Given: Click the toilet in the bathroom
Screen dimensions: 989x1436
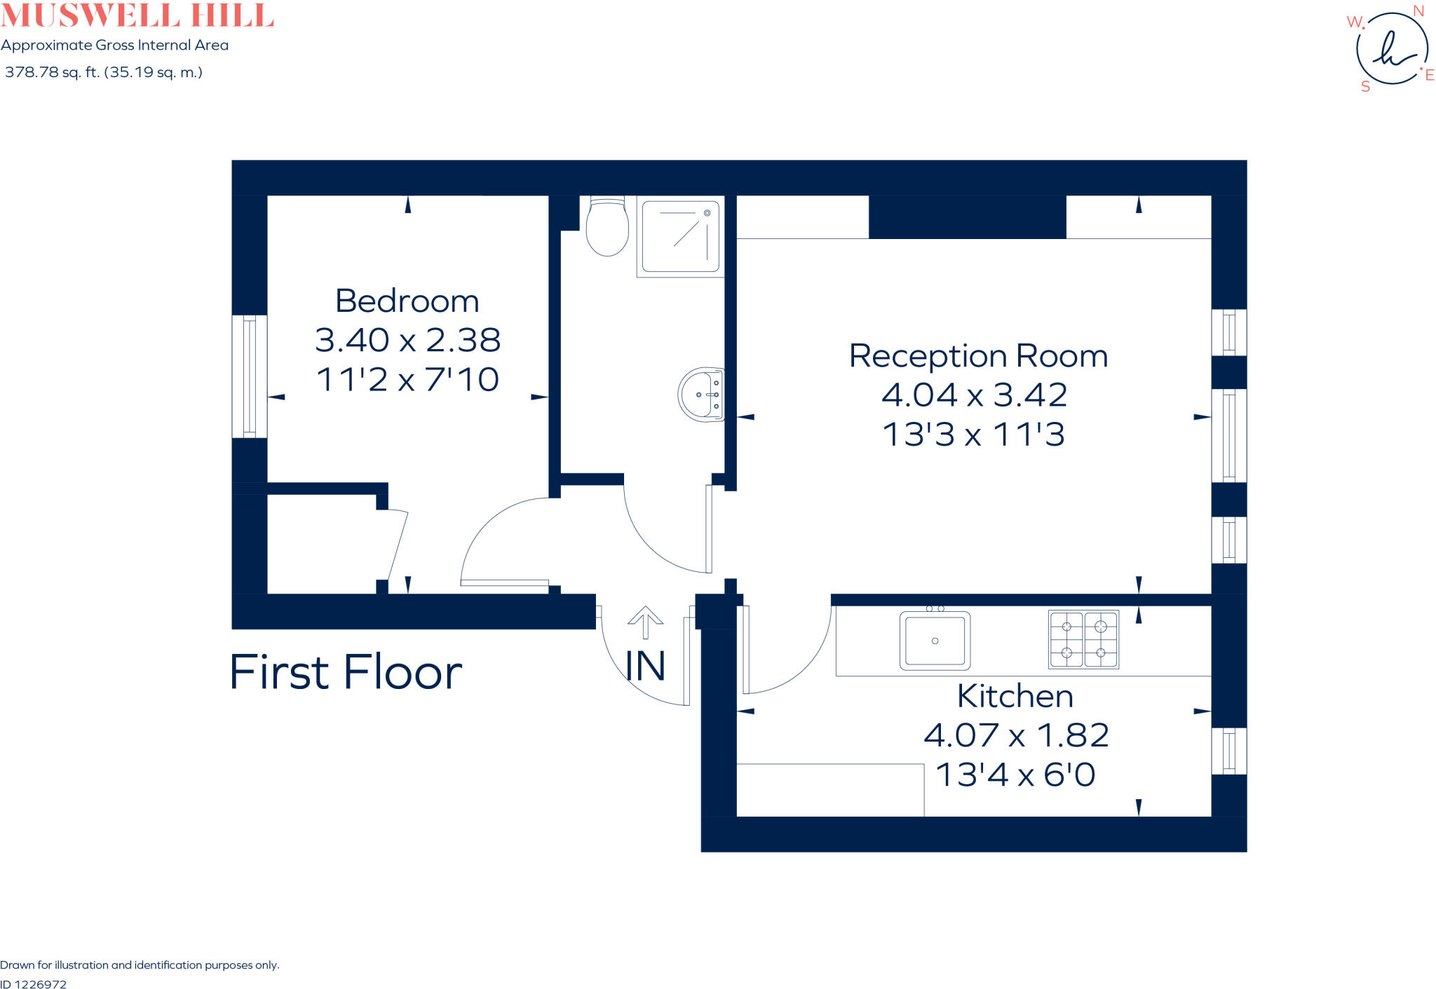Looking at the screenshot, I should [x=607, y=228].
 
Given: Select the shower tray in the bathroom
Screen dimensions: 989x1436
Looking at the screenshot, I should [x=680, y=236].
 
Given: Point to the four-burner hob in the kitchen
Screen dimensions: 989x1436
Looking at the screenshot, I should [x=1083, y=639].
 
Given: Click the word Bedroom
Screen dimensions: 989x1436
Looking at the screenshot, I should [x=407, y=301].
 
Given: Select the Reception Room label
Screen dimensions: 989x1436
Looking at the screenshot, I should [x=978, y=356].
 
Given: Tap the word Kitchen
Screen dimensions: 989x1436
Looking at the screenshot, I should [x=1015, y=696].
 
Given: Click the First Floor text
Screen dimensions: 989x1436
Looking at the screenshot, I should [x=346, y=672].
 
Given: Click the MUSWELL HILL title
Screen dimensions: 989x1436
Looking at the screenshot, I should [x=137, y=15].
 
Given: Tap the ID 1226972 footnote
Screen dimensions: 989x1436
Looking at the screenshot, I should [x=34, y=984].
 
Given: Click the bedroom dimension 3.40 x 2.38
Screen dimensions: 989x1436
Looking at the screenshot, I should [x=407, y=340].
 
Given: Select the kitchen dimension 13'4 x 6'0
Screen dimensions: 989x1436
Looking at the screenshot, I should [x=1015, y=775].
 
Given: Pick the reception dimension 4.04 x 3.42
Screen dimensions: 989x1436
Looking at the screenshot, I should [x=974, y=395].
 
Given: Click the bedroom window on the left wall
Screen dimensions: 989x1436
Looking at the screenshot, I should [x=249, y=376].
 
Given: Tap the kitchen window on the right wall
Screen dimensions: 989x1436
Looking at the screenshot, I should [x=1229, y=751].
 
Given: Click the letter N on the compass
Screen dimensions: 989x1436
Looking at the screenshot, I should [x=1418, y=11].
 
